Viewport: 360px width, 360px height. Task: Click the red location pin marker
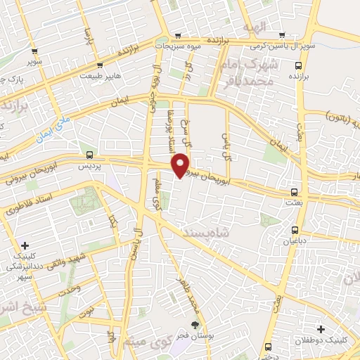pos(181,165)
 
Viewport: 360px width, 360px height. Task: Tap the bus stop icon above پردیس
pos(89,155)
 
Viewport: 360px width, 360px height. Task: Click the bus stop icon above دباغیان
pos(295,230)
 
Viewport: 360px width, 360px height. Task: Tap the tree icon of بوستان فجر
pos(195,325)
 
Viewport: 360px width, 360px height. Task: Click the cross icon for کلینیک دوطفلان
pos(321,328)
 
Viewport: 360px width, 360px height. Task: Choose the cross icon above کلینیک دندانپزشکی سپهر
pos(25,246)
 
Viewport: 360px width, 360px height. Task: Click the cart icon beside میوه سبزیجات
pos(178,35)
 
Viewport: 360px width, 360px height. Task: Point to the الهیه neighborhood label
pos(257,26)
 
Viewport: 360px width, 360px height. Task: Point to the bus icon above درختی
pos(268,346)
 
